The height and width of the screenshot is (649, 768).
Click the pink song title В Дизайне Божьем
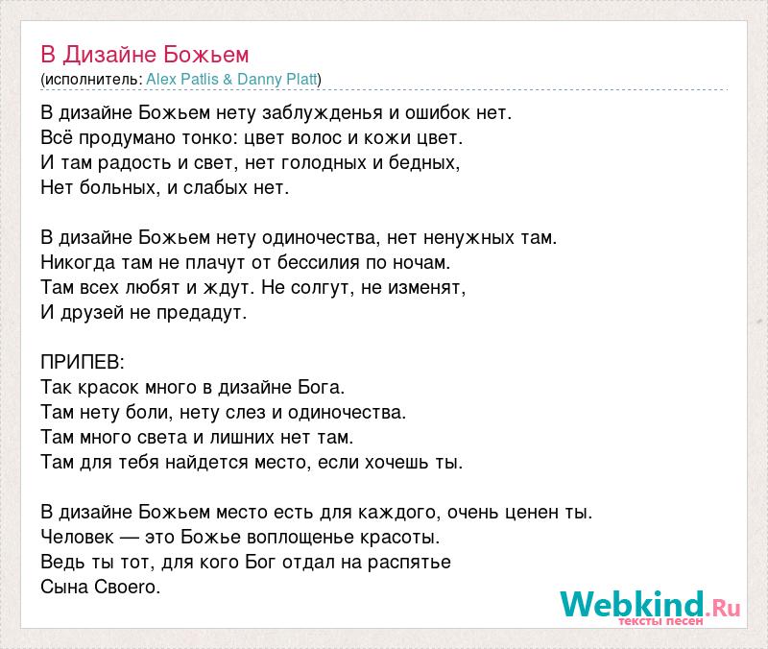click(145, 55)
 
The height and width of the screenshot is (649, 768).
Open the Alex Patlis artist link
click(182, 80)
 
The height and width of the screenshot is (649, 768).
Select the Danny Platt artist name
click(277, 80)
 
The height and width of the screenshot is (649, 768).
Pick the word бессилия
click(319, 263)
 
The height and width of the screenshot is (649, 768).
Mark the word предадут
click(202, 313)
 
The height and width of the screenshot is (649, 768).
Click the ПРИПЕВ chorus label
click(83, 363)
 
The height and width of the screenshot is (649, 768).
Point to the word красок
click(108, 388)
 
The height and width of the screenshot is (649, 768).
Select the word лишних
click(242, 438)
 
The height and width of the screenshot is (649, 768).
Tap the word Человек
click(77, 538)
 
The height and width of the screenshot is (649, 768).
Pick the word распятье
click(409, 563)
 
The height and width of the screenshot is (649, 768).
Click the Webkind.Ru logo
click(650, 607)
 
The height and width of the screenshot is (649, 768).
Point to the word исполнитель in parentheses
click(91, 80)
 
